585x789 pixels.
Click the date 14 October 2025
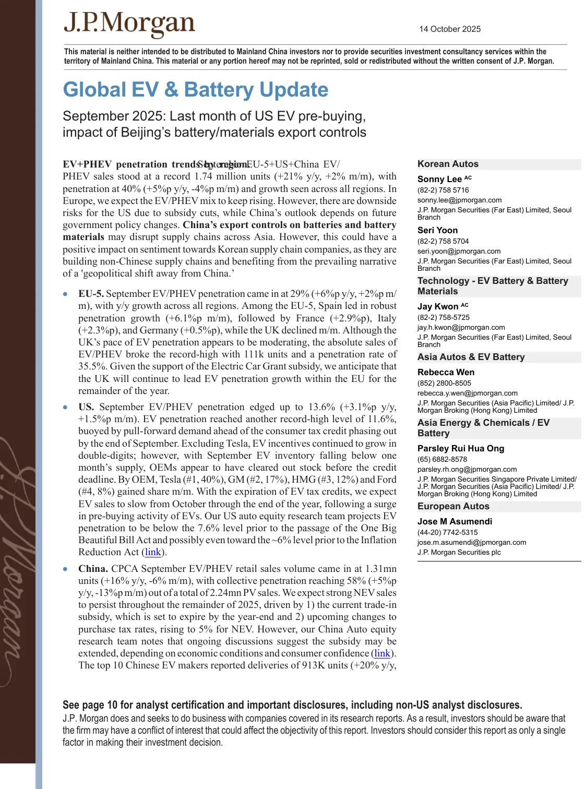click(449, 29)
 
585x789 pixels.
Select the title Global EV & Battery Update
click(195, 90)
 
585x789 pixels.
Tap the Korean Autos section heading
click(448, 164)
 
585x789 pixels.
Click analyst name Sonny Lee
click(439, 179)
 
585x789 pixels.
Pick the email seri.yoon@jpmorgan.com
click(459, 251)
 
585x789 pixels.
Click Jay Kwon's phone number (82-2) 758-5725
click(443, 317)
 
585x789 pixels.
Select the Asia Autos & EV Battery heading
click(471, 357)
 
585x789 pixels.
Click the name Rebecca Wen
click(446, 372)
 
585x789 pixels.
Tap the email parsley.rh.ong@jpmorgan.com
click(467, 469)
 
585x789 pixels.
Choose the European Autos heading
click(453, 506)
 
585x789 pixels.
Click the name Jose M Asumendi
click(455, 521)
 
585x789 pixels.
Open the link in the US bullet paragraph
click(153, 552)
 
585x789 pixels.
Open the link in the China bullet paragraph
click(382, 653)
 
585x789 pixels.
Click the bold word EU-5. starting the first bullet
click(91, 294)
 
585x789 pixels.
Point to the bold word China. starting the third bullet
click(93, 569)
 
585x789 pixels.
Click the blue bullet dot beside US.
click(65, 408)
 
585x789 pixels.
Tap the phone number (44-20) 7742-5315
click(447, 532)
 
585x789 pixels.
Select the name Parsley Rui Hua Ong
click(460, 448)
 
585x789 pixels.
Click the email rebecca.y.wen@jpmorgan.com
click(467, 393)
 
